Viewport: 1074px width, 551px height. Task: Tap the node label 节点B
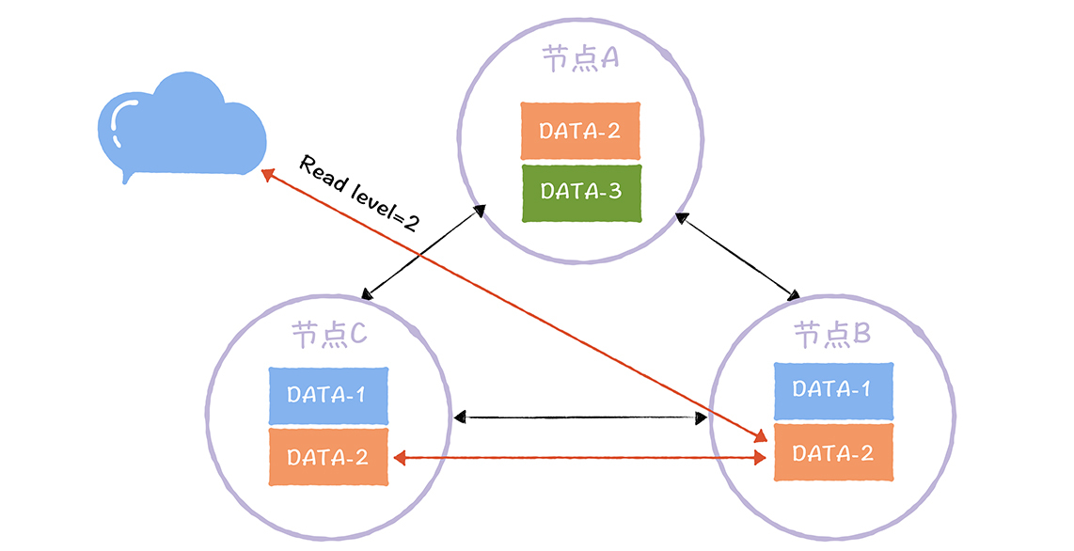831,334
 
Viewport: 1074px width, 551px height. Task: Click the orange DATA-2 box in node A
580,130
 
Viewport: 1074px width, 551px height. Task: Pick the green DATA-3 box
580,193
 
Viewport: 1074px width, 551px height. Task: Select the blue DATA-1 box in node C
327,395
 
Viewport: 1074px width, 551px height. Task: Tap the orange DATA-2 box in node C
327,457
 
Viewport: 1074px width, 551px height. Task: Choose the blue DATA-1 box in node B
831,389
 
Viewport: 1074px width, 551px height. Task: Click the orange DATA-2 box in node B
831,453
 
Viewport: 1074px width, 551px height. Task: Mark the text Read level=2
359,194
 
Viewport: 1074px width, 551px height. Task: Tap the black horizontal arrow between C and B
580,417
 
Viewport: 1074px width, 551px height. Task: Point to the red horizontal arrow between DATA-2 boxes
580,458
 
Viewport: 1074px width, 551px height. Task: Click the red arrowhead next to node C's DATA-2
399,458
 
